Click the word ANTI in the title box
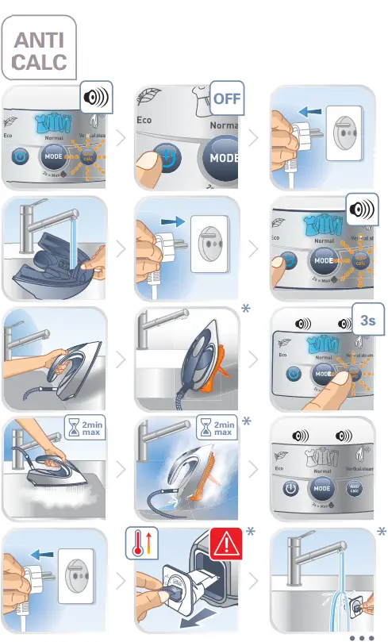(x=39, y=40)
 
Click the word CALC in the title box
(x=39, y=62)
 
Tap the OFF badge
(x=226, y=100)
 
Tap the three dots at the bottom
(x=360, y=636)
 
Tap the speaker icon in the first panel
(x=96, y=100)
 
